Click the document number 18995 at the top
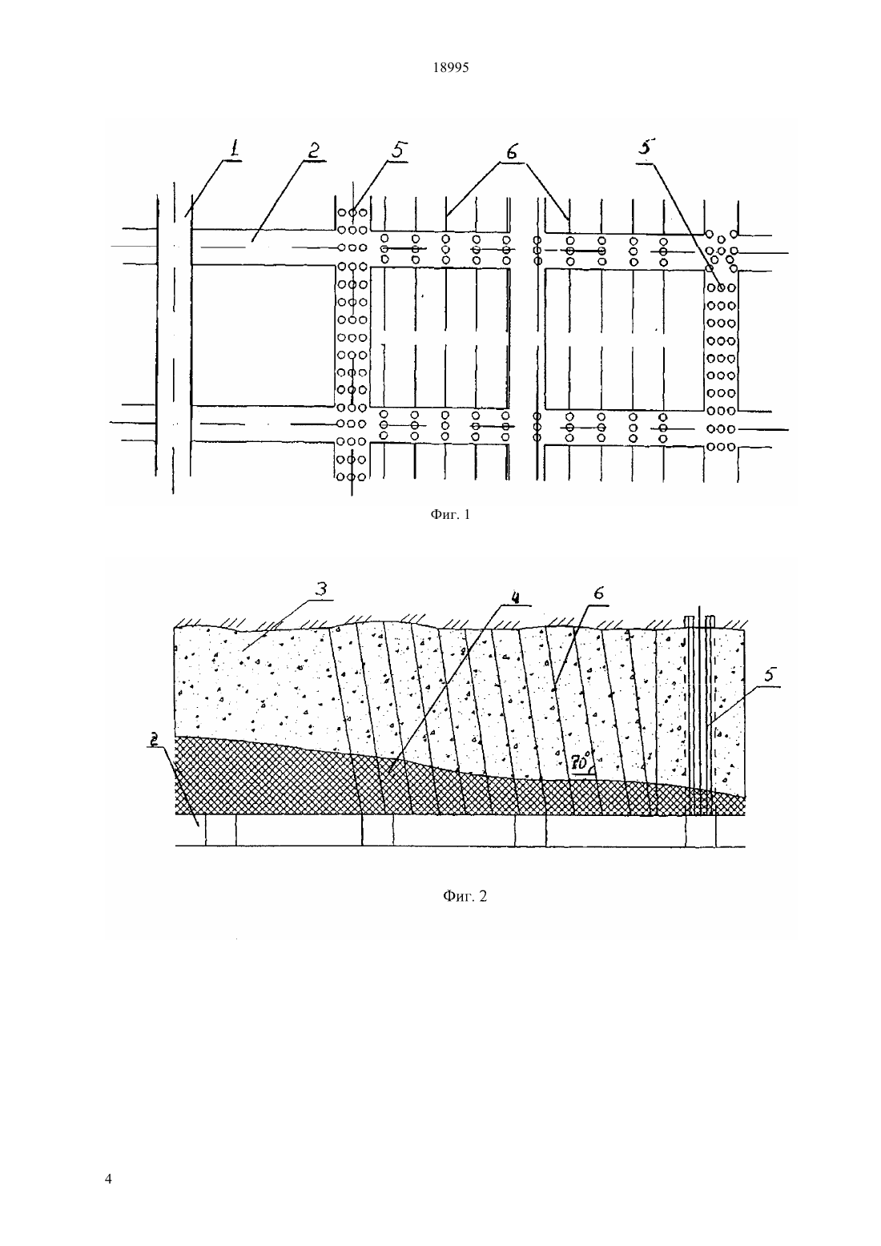[x=450, y=68]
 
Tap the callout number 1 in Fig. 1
[x=234, y=148]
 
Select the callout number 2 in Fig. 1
[x=314, y=151]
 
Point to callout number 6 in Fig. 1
[x=512, y=151]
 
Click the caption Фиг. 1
[x=450, y=515]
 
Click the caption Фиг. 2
[x=465, y=896]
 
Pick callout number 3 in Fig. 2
[x=321, y=589]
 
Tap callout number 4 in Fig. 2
[x=515, y=596]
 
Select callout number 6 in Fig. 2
[x=598, y=593]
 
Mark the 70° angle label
[x=581, y=764]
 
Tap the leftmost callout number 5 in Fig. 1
[x=400, y=151]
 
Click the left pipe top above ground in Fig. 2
[x=690, y=621]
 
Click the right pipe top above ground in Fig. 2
[x=710, y=621]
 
